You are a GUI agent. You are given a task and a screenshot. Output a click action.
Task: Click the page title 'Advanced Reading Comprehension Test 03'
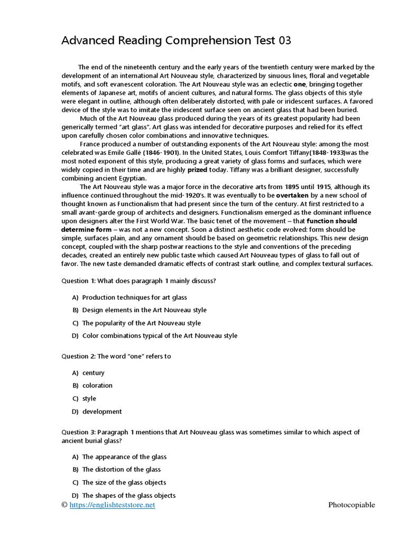177,41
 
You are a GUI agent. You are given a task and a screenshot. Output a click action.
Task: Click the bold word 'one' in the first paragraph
300,84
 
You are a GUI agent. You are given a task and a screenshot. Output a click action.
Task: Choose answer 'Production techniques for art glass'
134,297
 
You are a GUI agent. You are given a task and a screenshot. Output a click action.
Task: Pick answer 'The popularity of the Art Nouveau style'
141,323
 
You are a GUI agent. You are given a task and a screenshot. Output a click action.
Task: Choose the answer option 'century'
94,373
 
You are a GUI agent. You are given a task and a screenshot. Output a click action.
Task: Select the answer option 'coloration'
97,386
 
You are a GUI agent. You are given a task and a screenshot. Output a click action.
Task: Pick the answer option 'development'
102,412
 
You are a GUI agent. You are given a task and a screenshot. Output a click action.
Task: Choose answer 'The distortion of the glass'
122,470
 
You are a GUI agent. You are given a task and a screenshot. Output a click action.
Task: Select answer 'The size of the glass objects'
124,482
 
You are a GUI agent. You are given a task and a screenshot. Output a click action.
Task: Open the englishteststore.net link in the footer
112,505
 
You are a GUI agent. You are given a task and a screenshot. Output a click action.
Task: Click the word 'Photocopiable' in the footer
352,505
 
